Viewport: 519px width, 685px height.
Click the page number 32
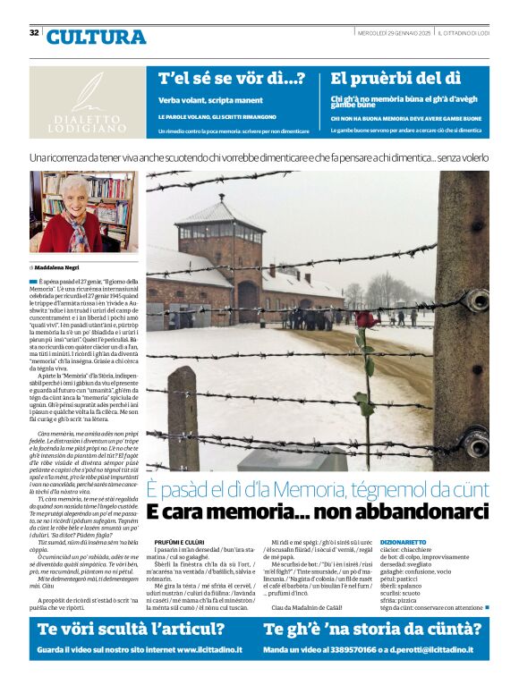coord(34,32)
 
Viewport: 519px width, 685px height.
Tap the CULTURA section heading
coord(96,37)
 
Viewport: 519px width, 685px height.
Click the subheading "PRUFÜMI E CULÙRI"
coord(181,542)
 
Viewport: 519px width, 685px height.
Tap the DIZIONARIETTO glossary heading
coord(429,542)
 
